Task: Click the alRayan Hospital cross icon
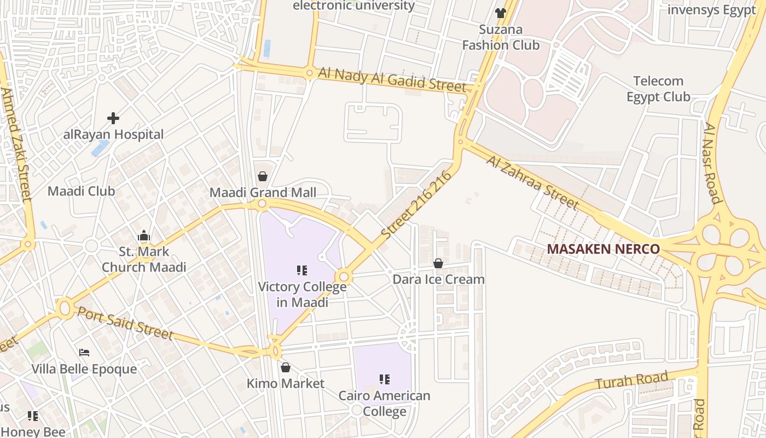113,118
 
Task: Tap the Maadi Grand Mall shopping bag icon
263,176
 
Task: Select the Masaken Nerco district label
603,249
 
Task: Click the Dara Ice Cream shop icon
438,263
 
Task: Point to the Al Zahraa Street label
532,183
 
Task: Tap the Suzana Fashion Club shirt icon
500,13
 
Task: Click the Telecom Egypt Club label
658,89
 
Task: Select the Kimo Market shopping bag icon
285,367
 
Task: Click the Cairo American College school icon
384,379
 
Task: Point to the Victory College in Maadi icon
301,270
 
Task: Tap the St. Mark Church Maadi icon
144,236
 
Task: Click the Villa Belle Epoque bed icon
84,352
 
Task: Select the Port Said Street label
125,323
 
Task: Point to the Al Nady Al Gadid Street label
392,79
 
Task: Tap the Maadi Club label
81,191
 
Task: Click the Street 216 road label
417,204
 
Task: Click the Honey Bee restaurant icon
33,416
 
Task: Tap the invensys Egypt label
711,10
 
